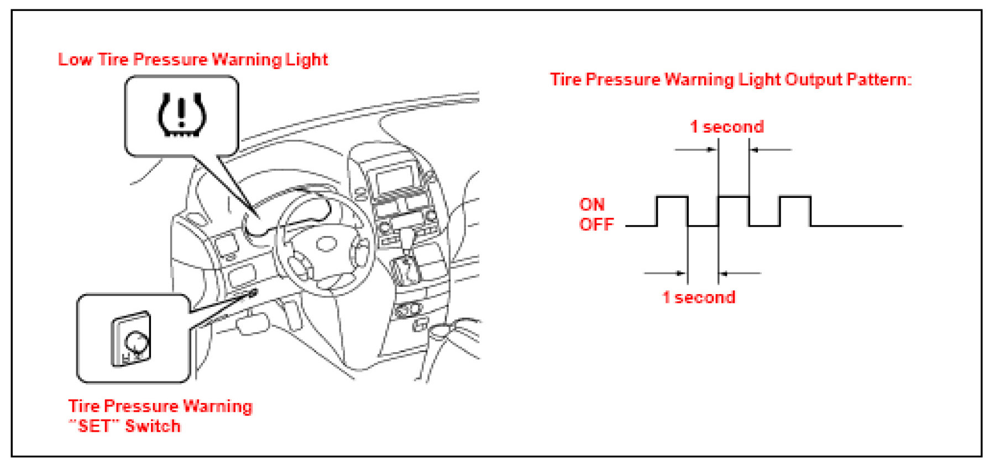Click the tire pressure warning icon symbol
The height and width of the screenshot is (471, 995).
point(182,115)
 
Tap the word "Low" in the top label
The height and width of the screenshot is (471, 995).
point(75,60)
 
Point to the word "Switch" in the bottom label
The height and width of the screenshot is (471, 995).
point(153,426)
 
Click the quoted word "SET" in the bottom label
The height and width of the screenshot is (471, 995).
point(95,426)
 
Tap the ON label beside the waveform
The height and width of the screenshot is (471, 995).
point(591,205)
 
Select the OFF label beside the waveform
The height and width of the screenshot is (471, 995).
point(596,224)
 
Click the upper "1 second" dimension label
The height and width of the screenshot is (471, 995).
point(726,127)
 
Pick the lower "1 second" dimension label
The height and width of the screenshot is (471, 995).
point(699,297)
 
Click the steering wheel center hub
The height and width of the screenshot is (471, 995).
point(326,243)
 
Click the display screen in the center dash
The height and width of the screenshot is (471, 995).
point(394,180)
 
